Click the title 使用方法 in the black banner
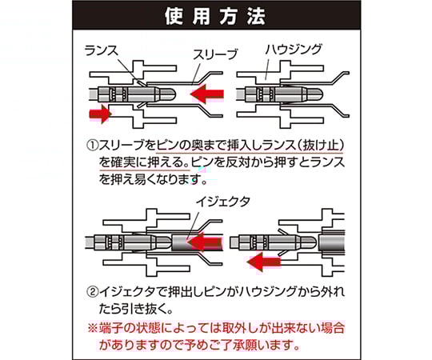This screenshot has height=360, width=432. click(215, 16)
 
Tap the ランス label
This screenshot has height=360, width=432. click(101, 50)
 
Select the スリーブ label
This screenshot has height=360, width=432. click(215, 54)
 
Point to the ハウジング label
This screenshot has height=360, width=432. click(294, 50)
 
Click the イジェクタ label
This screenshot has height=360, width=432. click(223, 202)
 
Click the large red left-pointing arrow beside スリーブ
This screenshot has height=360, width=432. click(207, 94)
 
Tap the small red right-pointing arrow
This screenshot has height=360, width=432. click(100, 114)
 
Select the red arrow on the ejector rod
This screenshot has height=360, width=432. click(205, 242)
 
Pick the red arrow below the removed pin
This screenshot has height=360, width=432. click(264, 262)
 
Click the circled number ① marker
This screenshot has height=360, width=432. click(93, 146)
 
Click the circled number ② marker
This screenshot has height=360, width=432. click(93, 292)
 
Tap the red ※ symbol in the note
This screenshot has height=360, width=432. click(93, 328)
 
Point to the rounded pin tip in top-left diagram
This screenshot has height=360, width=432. click(168, 94)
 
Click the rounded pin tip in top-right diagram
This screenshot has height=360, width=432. click(315, 94)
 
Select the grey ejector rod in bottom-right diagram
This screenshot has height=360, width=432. click(332, 242)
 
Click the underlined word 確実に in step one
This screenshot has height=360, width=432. click(129, 162)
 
